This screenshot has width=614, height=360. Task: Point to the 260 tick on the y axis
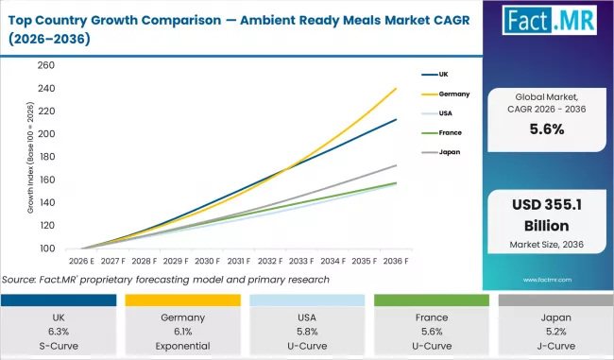coord(45,65)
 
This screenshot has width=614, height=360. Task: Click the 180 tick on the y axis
coord(45,157)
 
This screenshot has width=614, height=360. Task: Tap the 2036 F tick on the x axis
coord(394,261)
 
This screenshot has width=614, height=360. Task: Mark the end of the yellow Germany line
coord(395,89)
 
